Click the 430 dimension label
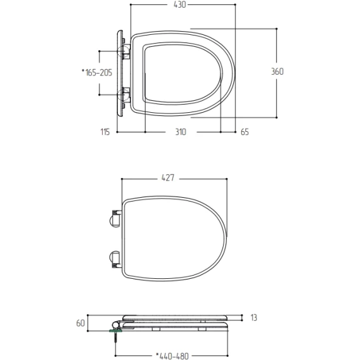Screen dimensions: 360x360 pos(179,4)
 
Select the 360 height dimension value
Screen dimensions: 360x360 pos(277,72)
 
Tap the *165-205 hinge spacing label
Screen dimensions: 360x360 pos(97,72)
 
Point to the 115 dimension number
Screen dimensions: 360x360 pos(105,132)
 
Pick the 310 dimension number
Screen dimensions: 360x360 pos(181,132)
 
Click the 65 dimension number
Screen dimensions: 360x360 pos(245,132)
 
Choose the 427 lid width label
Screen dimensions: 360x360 pos(168,177)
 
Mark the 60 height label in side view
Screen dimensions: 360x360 pos(80,323)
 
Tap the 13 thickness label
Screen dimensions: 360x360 pos(254,318)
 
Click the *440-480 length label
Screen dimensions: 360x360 pos(172,356)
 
